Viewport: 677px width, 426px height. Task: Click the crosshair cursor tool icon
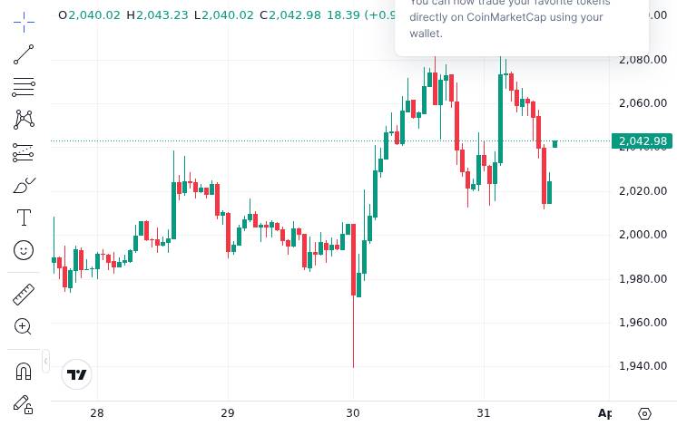[24, 21]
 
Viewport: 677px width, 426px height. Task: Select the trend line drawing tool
[24, 55]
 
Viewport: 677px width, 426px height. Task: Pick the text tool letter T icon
[24, 218]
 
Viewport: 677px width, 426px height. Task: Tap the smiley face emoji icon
[24, 250]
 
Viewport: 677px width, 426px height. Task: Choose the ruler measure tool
[24, 294]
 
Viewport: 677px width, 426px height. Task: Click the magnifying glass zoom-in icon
[24, 326]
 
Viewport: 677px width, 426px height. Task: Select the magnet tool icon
[24, 371]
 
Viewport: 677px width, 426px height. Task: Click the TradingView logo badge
[77, 374]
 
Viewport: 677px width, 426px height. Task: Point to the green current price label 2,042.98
[642, 141]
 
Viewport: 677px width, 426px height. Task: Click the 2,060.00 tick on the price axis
[643, 103]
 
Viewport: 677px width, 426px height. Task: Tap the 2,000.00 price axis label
[643, 235]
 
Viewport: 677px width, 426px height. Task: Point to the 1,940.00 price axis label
[643, 366]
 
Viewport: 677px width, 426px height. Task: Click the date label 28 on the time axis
[97, 413]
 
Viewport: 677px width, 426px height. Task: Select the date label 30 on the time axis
[353, 413]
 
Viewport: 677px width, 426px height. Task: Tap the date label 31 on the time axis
[484, 413]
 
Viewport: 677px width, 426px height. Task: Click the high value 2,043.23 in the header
[163, 15]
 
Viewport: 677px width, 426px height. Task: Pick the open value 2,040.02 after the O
[94, 15]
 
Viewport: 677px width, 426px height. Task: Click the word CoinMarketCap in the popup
[507, 17]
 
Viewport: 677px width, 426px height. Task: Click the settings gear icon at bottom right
[645, 413]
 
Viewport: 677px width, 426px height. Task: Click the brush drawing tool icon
[24, 186]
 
